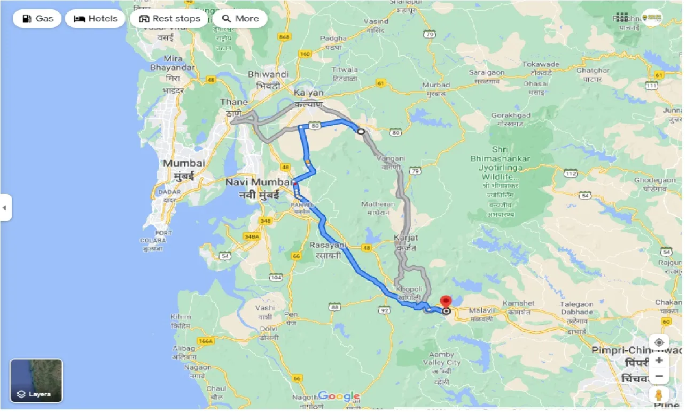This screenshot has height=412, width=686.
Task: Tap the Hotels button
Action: [95, 19]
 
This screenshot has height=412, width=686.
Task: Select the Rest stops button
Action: [169, 19]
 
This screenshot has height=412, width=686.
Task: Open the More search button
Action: [240, 19]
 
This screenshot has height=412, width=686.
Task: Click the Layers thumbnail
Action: [36, 380]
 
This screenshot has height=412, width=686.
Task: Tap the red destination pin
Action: [446, 302]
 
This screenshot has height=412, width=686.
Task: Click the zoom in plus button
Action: [659, 361]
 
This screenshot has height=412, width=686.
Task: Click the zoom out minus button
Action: [659, 377]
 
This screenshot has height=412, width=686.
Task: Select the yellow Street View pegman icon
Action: [659, 395]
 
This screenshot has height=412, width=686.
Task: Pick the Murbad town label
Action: [436, 85]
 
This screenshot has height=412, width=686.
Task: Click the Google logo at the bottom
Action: [339, 396]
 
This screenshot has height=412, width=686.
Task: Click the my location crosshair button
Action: [659, 342]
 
